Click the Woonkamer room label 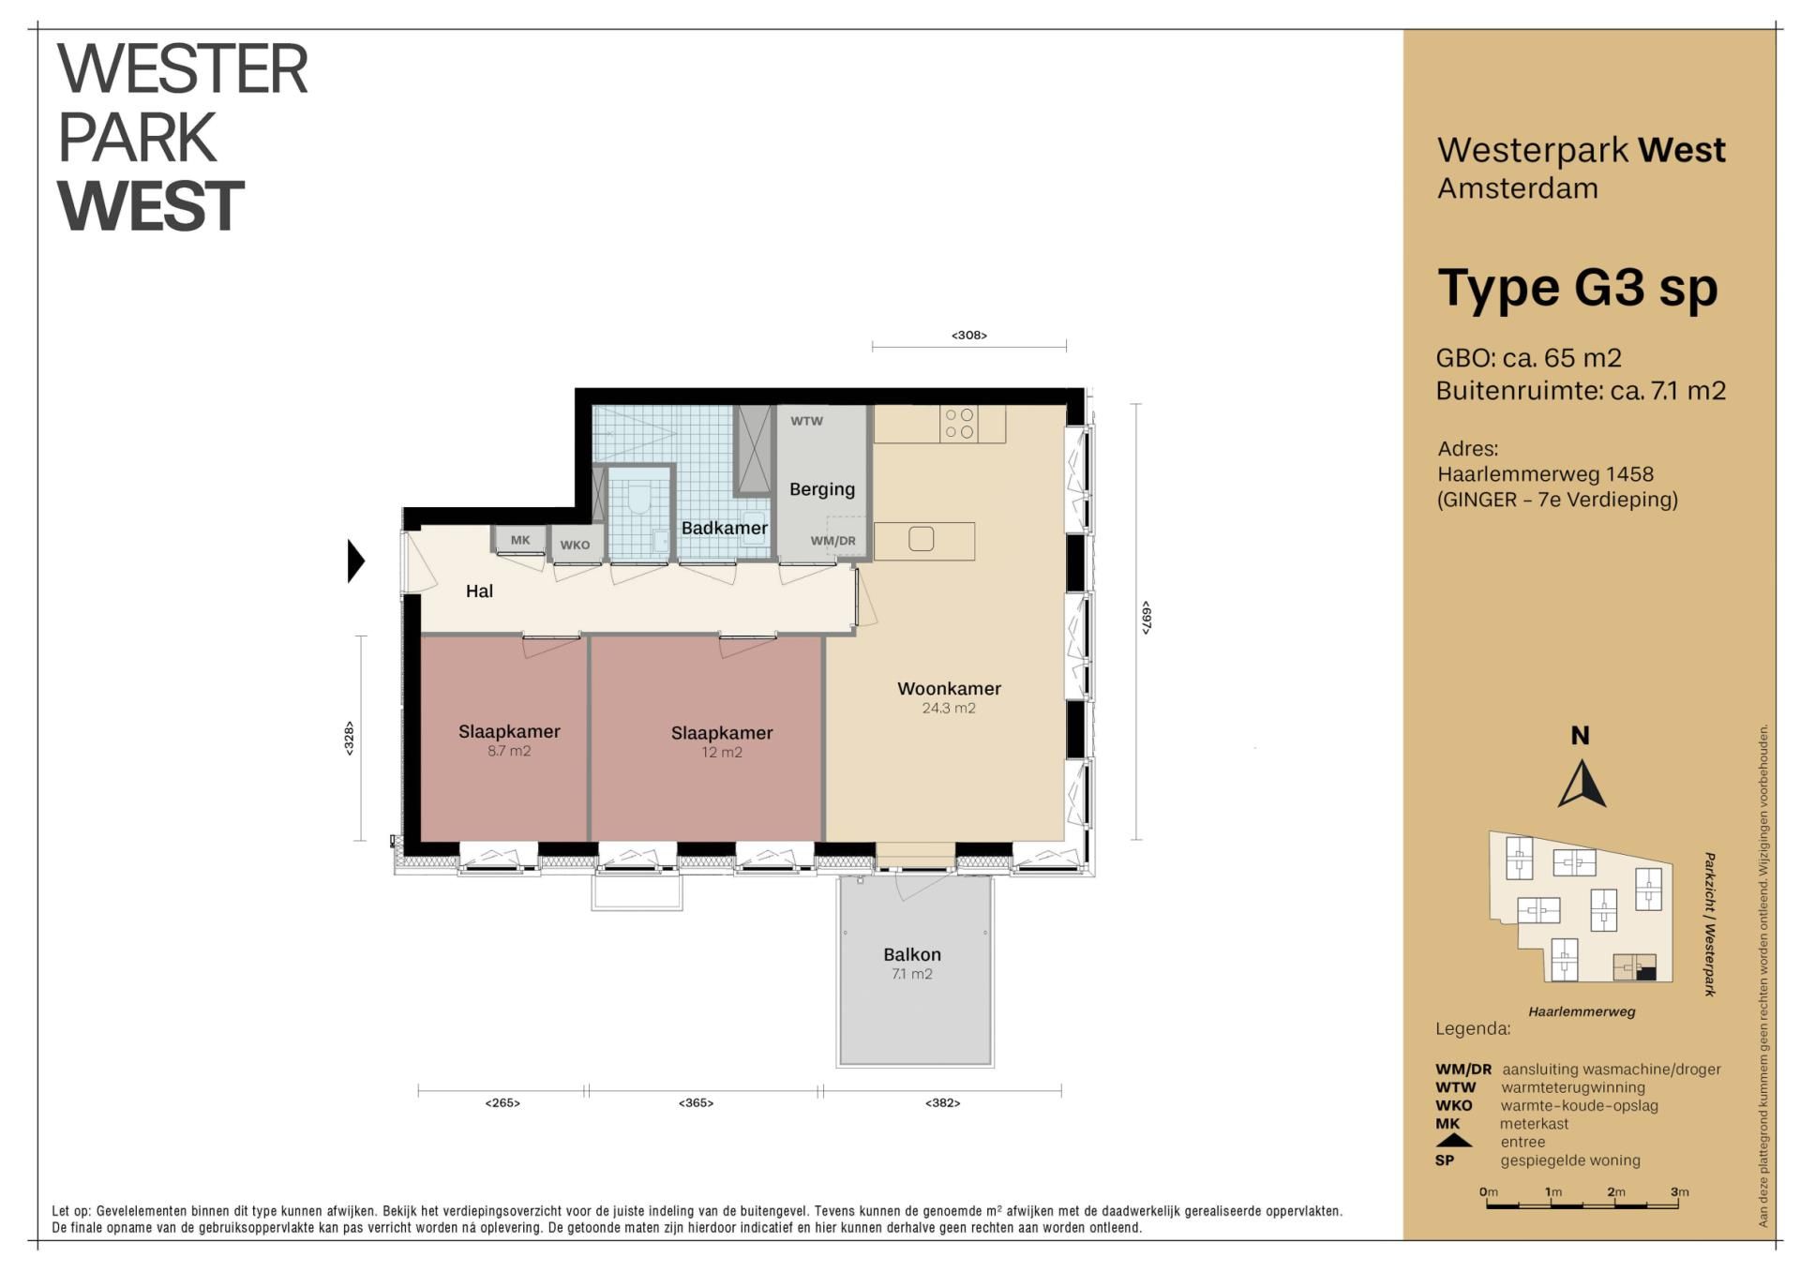[949, 689]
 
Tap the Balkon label [912, 954]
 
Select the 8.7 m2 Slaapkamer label [509, 731]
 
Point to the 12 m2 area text [722, 753]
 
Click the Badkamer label [725, 528]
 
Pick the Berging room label [822, 489]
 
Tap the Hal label [479, 591]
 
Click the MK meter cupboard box [520, 540]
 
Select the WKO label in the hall [576, 546]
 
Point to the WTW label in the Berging [806, 421]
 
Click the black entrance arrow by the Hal [356, 561]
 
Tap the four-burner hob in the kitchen [959, 424]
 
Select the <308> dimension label [969, 336]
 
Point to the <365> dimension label [697, 1103]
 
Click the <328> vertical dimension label [349, 739]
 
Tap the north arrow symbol [1582, 785]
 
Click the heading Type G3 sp [1578, 288]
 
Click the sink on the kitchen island [921, 539]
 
